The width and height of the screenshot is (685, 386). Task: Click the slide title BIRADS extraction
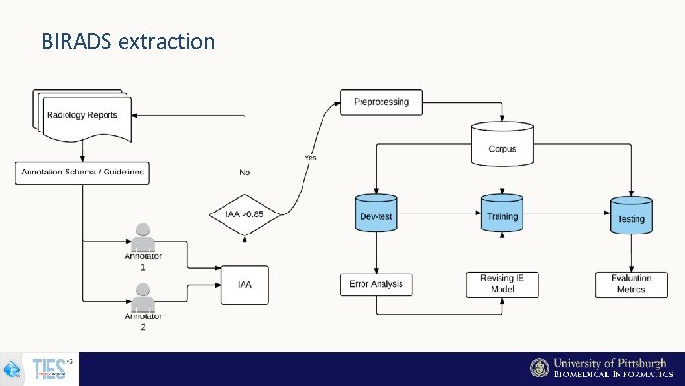tap(128, 42)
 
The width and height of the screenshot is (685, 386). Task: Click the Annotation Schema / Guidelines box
tap(83, 173)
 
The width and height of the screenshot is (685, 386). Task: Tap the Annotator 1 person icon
tap(143, 235)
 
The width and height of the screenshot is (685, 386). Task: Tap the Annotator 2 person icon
tap(143, 297)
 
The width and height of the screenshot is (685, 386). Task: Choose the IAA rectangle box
tap(245, 283)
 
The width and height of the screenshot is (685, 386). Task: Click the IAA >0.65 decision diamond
tap(245, 214)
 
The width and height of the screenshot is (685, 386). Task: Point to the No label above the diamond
tap(245, 173)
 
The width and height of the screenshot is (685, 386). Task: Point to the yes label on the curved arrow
tap(310, 157)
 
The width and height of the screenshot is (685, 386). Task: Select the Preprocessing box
tap(382, 102)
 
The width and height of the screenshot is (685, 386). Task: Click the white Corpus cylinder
tap(502, 144)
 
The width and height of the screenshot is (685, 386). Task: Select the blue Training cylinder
tap(502, 215)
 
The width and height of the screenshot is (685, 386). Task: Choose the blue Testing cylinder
tap(631, 216)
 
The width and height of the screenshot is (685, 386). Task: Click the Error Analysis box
tap(377, 284)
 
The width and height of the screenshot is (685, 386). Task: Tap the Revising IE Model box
tap(502, 284)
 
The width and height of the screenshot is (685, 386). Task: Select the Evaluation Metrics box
tap(631, 284)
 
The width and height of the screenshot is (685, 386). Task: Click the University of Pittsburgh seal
tap(539, 368)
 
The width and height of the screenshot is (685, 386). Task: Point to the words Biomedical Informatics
tap(608, 376)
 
